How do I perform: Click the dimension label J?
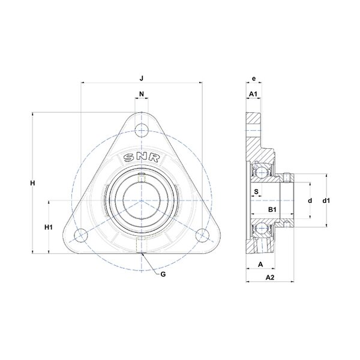tap(142, 79)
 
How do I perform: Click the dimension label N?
tap(142, 94)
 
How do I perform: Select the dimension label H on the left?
tap(33, 183)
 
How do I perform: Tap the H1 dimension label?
tap(49, 227)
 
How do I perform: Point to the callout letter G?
tap(163, 274)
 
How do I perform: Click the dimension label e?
tap(254, 79)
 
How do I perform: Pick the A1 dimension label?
tap(253, 94)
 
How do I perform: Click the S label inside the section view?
tap(256, 191)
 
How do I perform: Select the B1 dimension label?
tap(272, 209)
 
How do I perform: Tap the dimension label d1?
tap(326, 200)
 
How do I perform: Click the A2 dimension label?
tap(270, 277)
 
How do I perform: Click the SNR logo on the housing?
tap(142, 158)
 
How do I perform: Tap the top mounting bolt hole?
tap(142, 130)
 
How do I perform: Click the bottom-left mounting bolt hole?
tap(81, 235)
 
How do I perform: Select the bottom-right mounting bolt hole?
tap(202, 235)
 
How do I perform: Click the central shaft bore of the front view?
tap(142, 200)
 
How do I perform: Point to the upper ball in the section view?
tap(261, 172)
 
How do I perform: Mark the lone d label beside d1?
tap(310, 200)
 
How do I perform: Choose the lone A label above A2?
tap(260, 264)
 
